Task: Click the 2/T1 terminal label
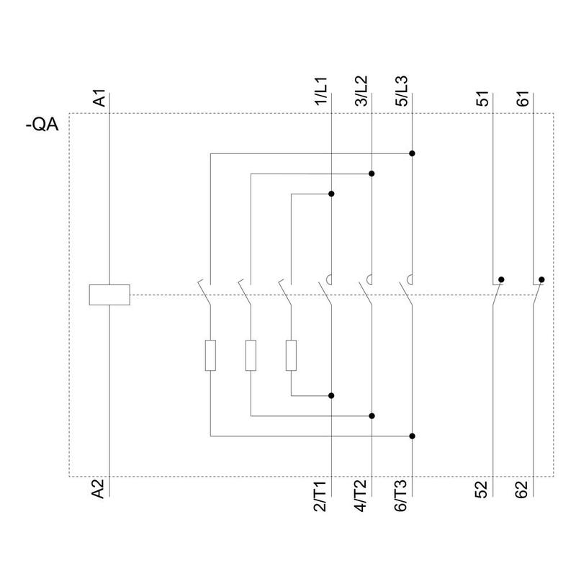(321, 497)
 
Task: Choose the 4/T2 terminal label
(361, 497)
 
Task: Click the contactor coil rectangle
(109, 294)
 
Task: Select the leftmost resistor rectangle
(210, 355)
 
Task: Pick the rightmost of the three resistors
(291, 355)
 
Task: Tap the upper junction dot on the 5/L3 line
(412, 153)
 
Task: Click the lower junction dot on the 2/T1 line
(331, 395)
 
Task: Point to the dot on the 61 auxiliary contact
(541, 279)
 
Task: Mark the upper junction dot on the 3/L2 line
(372, 174)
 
